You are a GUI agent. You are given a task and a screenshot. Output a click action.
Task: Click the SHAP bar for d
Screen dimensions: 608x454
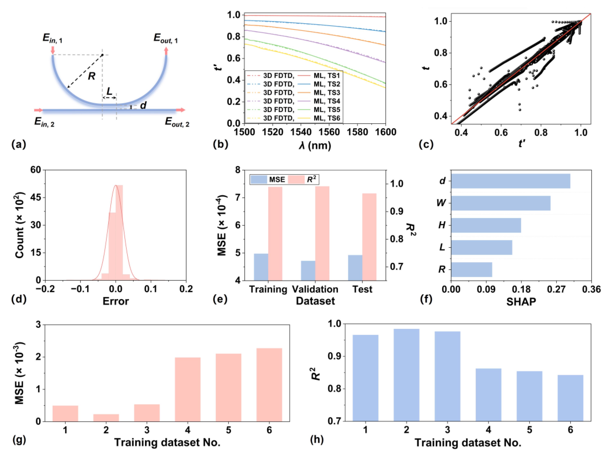(x=510, y=181)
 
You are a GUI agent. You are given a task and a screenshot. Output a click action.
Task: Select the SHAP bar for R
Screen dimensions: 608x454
(x=472, y=270)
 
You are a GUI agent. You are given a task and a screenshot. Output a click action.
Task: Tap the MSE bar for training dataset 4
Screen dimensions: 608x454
(x=188, y=389)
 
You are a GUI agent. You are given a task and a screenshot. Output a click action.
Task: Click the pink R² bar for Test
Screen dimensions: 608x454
(x=369, y=237)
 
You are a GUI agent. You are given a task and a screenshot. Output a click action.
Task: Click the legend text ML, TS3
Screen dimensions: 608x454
(x=327, y=93)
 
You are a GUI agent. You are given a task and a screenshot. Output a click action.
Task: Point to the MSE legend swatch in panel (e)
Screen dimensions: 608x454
(x=259, y=179)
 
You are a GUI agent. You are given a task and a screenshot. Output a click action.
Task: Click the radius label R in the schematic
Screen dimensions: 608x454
(x=91, y=76)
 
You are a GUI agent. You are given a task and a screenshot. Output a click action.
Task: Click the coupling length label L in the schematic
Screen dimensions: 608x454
(x=109, y=91)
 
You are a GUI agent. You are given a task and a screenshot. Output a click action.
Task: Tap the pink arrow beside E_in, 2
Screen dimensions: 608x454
(x=39, y=110)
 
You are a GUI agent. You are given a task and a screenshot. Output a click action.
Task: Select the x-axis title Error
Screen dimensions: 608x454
(x=116, y=301)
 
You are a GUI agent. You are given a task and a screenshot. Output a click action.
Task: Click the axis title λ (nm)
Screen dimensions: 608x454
(x=315, y=145)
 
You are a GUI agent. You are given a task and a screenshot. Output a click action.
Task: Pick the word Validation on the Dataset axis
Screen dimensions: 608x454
(x=315, y=289)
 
